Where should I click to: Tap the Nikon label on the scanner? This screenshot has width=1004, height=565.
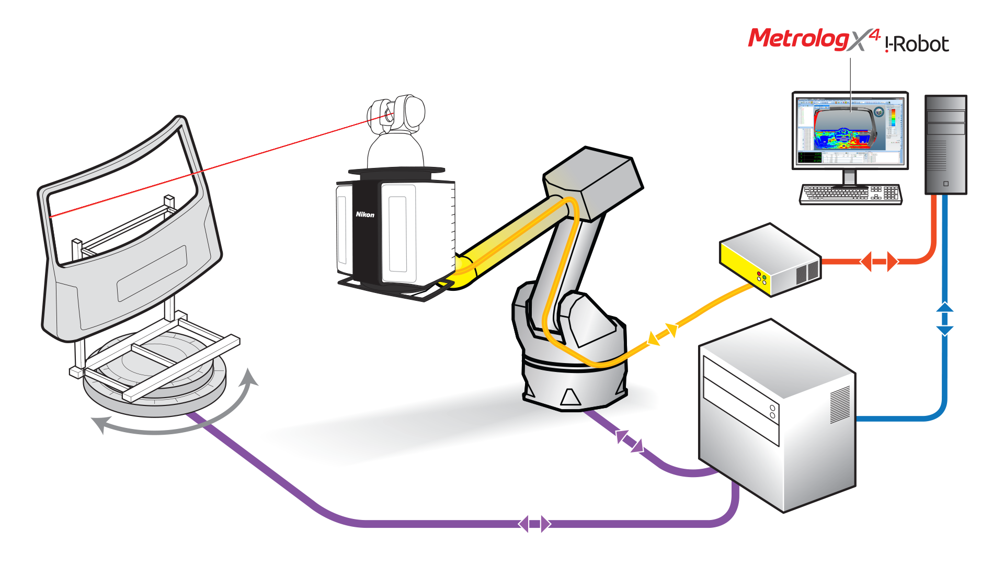(365, 214)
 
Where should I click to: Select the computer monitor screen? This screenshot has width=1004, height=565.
(850, 130)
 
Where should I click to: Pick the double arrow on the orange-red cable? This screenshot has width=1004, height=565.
(880, 261)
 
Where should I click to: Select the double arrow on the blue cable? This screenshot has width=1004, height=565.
(944, 318)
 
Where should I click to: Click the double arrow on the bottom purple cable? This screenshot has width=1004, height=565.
(534, 523)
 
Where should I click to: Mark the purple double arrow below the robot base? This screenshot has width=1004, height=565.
(629, 440)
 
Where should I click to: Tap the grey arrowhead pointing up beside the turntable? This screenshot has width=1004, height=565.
(249, 377)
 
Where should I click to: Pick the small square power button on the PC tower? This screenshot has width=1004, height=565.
(945, 184)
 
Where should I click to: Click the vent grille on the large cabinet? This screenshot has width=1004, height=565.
(840, 405)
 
